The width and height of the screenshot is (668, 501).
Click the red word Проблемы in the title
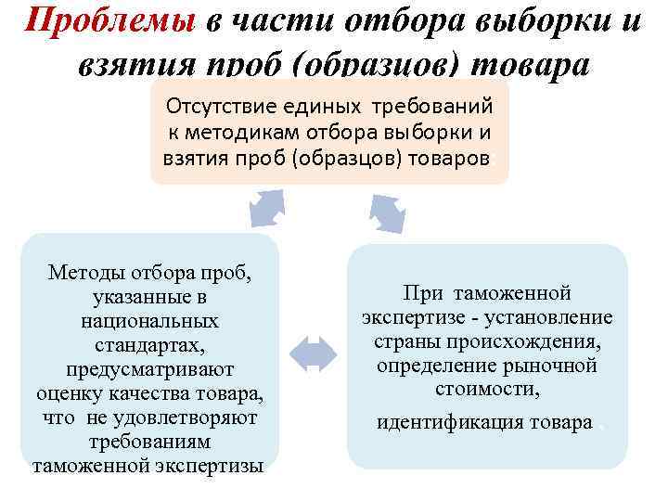point(109,21)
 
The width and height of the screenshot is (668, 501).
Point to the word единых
point(341,105)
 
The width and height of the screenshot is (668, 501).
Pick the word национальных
point(150,321)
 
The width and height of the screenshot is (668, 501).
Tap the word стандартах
point(150,345)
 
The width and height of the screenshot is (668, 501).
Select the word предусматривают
point(150,369)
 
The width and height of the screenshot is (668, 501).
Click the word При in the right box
point(424,294)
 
